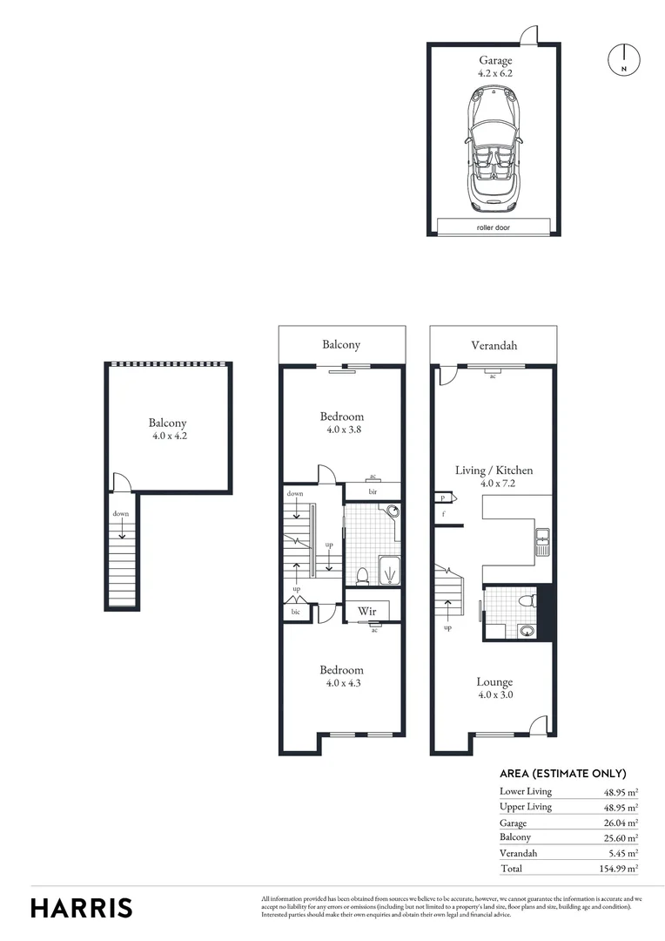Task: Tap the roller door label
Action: [x=494, y=227]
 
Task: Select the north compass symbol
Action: [x=623, y=59]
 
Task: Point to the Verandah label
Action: [x=494, y=346]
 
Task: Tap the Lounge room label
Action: [x=494, y=682]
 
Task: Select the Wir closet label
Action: [x=366, y=612]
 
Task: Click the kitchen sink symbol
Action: [x=542, y=542]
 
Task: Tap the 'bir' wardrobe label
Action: [x=373, y=491]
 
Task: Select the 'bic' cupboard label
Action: [x=295, y=613]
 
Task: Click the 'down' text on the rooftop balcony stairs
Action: [x=120, y=514]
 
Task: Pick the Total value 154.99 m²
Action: [x=621, y=870]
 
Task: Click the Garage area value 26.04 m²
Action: [x=621, y=823]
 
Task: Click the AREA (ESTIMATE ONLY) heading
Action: [x=562, y=774]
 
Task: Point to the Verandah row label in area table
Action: [x=519, y=853]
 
